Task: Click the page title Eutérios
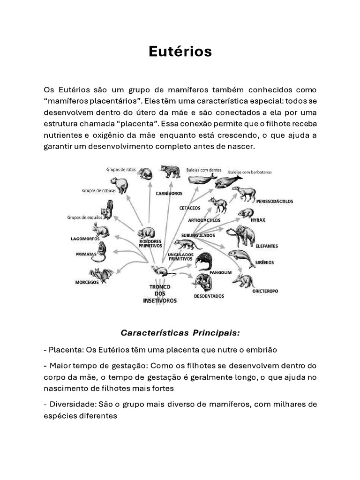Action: click(x=180, y=52)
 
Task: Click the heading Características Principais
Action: click(x=180, y=333)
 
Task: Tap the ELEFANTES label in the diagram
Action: click(x=267, y=246)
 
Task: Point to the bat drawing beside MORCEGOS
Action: click(x=100, y=275)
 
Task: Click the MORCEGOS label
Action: click(x=87, y=283)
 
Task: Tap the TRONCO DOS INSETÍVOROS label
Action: click(x=159, y=294)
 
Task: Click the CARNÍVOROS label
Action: click(x=169, y=193)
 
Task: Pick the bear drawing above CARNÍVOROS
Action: click(x=170, y=172)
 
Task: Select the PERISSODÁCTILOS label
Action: click(x=275, y=201)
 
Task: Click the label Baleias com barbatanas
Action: click(x=250, y=172)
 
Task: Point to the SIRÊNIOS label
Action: click(x=265, y=262)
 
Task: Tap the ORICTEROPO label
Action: click(x=265, y=291)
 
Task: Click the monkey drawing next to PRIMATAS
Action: click(x=102, y=252)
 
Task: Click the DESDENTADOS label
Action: click(x=209, y=296)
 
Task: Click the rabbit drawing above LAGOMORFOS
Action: click(x=100, y=230)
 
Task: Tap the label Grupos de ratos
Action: click(x=120, y=169)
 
